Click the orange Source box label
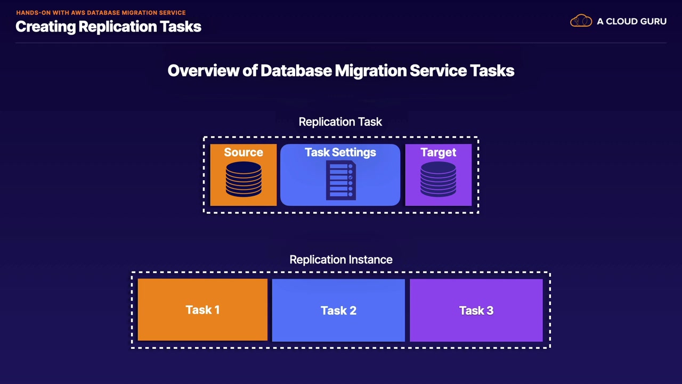coord(243,153)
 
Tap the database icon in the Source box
coord(243,180)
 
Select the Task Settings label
coord(340,153)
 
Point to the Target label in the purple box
coord(438,153)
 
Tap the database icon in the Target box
coord(438,180)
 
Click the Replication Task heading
coord(340,122)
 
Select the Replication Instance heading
coord(341,260)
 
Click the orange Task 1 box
coord(202,310)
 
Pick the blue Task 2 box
coord(338,310)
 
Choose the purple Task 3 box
coord(476,310)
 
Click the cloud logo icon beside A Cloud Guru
coord(581,21)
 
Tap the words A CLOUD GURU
coord(631,22)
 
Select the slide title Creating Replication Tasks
coord(108,27)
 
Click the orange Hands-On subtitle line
coord(101,12)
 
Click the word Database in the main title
coord(296,71)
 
